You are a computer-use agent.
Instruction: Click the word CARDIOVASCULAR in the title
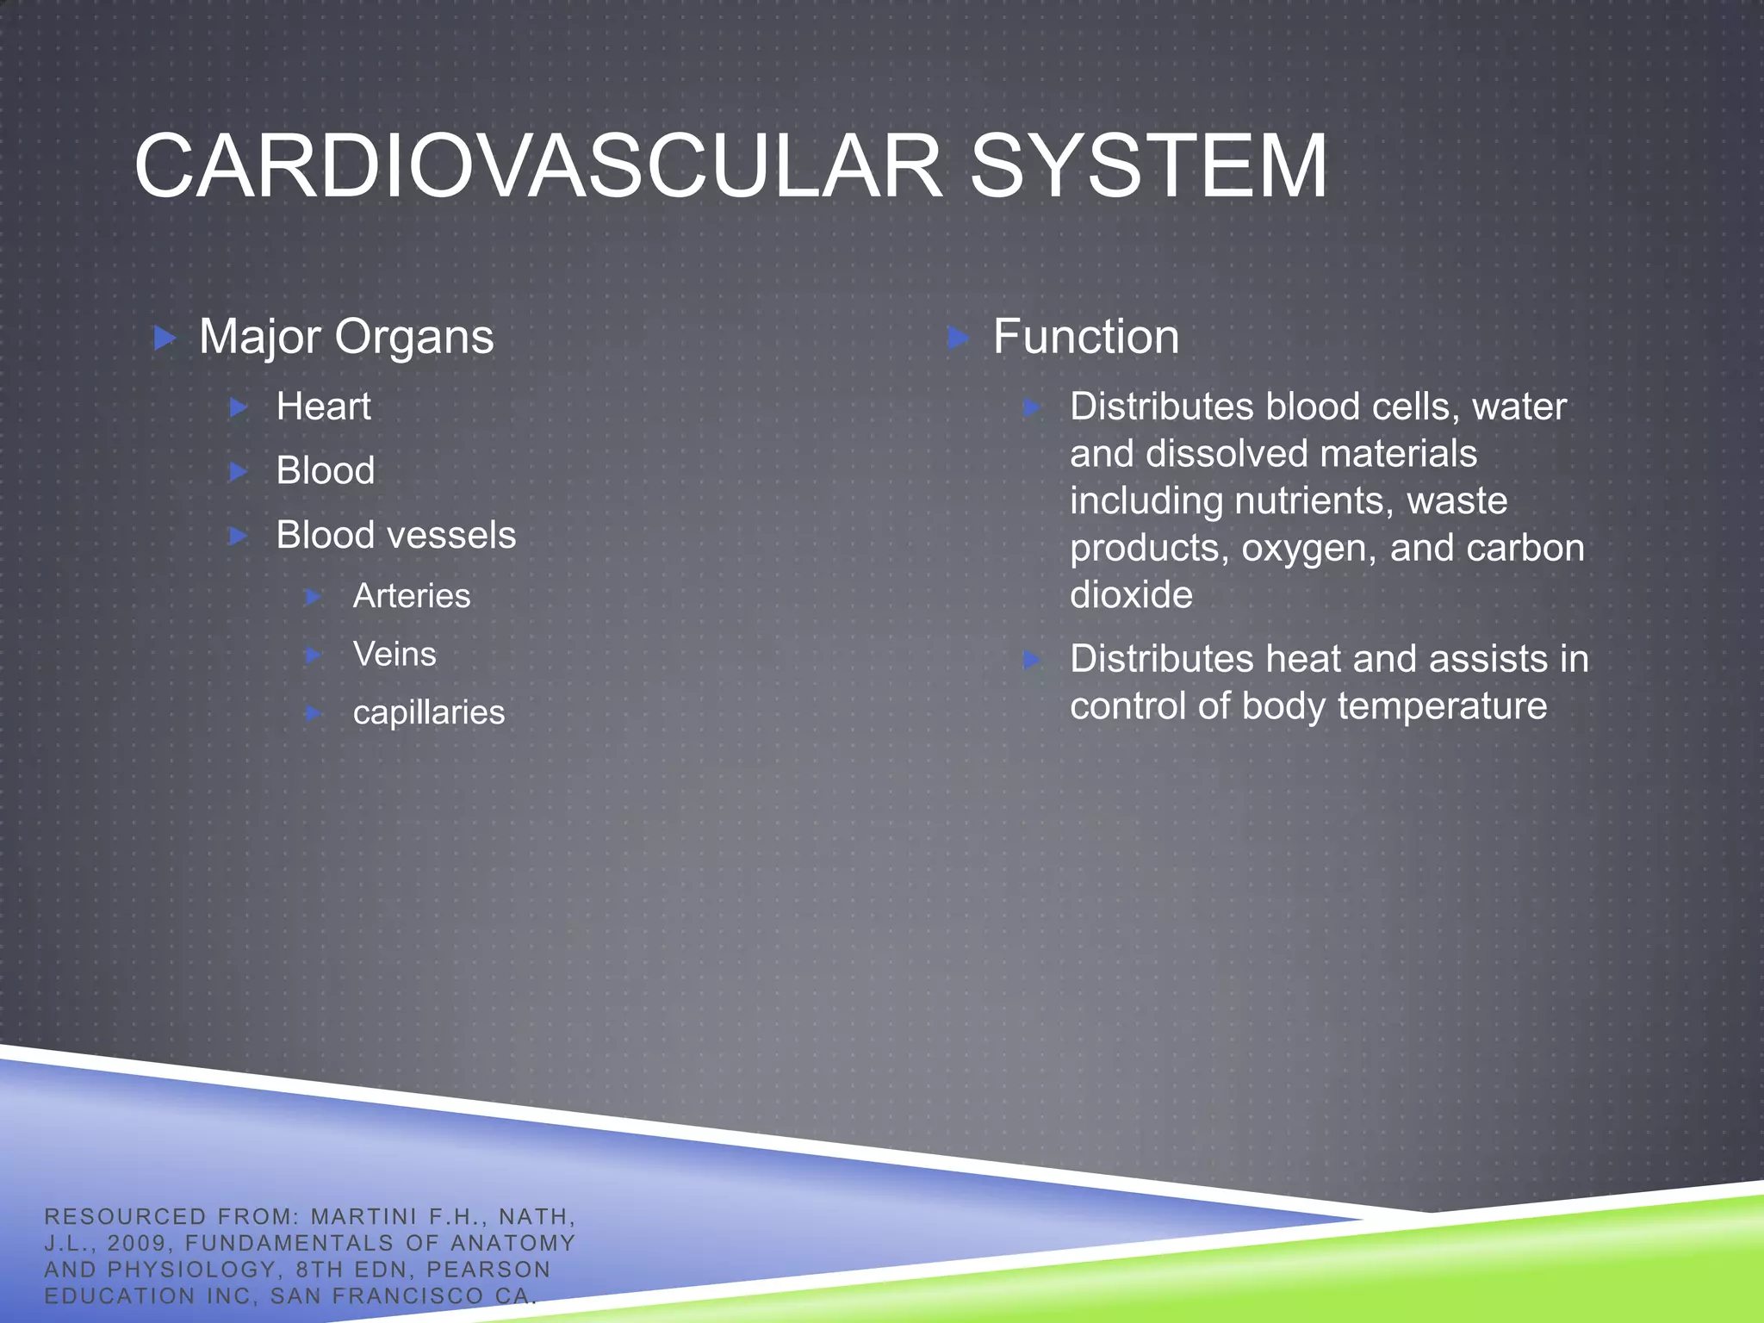coord(538,166)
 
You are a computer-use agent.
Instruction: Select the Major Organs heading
coord(346,337)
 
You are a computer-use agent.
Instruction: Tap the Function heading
coord(1085,337)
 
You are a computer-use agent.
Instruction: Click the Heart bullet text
coord(323,407)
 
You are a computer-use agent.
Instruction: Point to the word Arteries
coord(412,596)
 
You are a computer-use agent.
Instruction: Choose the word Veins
coord(394,655)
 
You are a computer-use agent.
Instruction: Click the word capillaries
coord(429,713)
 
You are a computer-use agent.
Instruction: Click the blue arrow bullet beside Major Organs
coord(164,338)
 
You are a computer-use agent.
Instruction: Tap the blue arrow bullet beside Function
coord(958,338)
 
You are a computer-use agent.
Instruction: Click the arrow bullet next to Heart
coord(239,407)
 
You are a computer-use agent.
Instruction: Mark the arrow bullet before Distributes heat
coord(1032,661)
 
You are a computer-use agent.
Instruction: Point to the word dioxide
coord(1131,595)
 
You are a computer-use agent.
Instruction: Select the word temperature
coord(1442,706)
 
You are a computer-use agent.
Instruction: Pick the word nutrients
coord(1307,501)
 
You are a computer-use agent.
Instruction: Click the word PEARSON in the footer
coord(488,1270)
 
